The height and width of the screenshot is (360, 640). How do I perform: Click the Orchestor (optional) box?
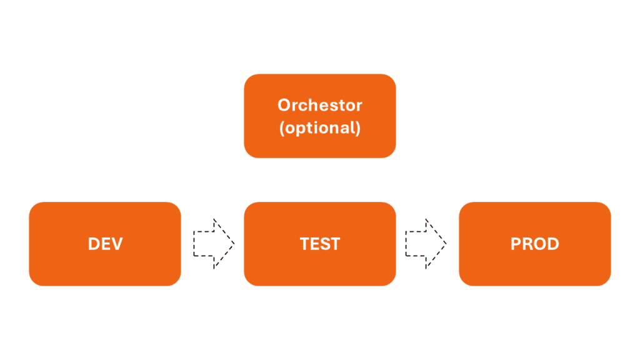click(319, 116)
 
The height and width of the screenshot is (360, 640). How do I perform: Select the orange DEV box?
click(105, 244)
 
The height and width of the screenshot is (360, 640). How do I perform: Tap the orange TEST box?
click(319, 244)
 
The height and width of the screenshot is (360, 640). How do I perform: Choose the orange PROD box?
click(535, 244)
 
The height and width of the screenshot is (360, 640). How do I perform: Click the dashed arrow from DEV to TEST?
click(214, 244)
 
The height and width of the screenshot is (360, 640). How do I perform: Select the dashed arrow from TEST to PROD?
click(426, 244)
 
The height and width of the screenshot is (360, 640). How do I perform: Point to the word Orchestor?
click(319, 105)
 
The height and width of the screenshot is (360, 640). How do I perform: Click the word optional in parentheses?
click(319, 127)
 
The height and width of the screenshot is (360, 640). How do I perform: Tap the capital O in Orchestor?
click(284, 105)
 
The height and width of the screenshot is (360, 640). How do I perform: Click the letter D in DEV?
click(94, 244)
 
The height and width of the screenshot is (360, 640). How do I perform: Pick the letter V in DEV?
click(117, 244)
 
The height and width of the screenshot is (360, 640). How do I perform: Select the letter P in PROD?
click(516, 244)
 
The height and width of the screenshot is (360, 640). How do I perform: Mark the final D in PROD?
click(553, 244)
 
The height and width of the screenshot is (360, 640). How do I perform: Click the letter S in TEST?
click(324, 244)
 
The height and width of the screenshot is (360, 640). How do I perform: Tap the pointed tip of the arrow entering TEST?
click(235, 244)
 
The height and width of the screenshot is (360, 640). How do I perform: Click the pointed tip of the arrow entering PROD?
click(446, 244)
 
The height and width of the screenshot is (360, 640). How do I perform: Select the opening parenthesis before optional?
click(282, 128)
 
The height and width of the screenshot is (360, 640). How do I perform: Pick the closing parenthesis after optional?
click(358, 128)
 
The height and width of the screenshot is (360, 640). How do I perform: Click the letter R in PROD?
click(527, 244)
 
